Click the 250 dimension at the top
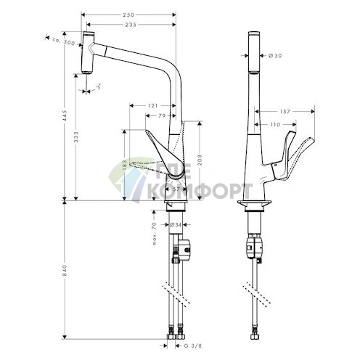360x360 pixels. tap(128, 15)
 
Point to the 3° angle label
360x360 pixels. tap(98, 85)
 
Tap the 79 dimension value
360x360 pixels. tap(163, 115)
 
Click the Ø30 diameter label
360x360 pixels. tap(275, 56)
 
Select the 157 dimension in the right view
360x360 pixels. tap(287, 112)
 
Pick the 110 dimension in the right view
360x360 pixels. tap(275, 125)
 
